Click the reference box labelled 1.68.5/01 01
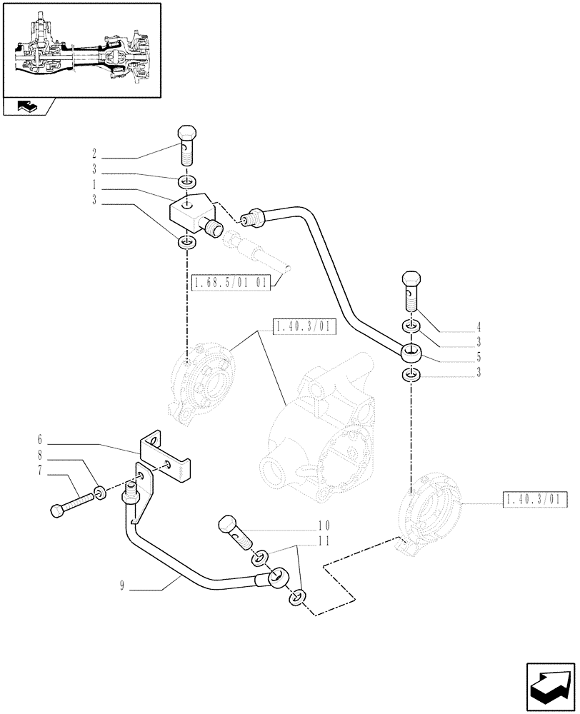[x=230, y=283]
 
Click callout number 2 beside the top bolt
[x=94, y=153]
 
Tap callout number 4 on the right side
[x=479, y=330]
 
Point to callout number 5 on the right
[x=479, y=356]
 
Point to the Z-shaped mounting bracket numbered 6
[x=166, y=455]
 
